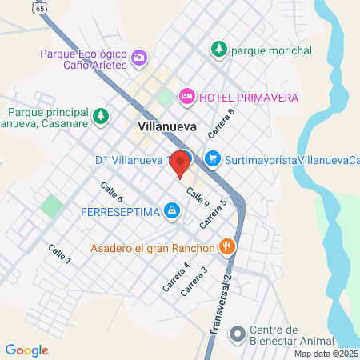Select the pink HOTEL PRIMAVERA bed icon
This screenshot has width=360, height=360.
pos(186,97)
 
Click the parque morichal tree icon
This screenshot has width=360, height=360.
pos(218,50)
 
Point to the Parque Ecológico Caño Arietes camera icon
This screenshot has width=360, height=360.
pos(140,57)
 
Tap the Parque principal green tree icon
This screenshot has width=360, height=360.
pos(101,116)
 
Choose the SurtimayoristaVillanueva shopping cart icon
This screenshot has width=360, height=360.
pos(212,158)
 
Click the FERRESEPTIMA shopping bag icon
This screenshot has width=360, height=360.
pos(171,211)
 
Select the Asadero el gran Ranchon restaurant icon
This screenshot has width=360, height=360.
pos(227,246)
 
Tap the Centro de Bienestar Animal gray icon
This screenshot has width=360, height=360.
pos(237,332)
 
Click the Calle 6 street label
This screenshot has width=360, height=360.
pos(111,191)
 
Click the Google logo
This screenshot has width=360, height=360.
pos(26,350)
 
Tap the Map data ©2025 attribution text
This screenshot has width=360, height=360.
pos(326,354)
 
